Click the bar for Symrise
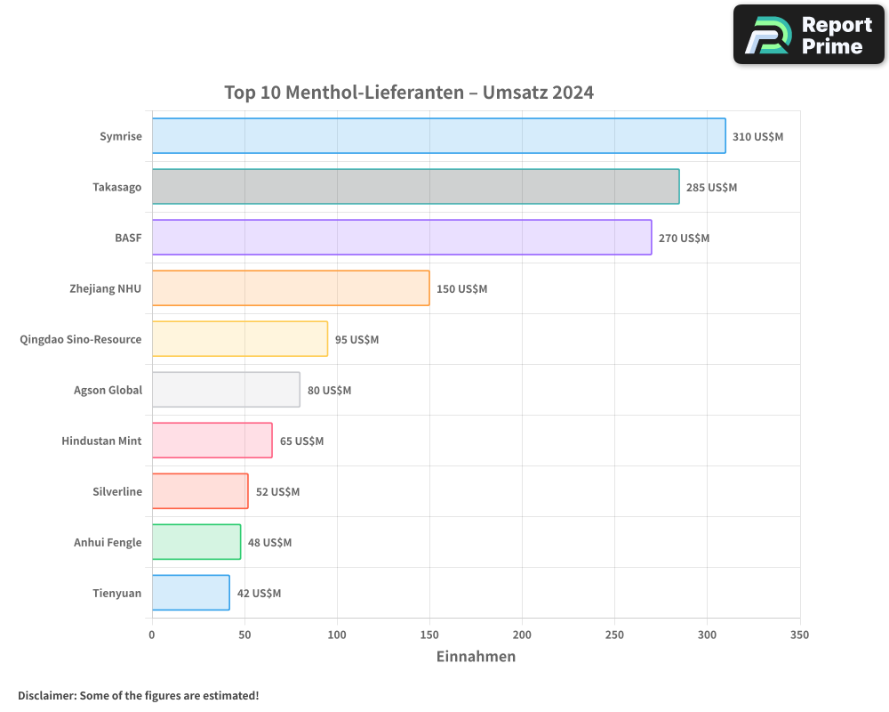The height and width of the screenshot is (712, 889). pyautogui.click(x=438, y=136)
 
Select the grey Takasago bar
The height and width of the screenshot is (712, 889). pyautogui.click(x=415, y=187)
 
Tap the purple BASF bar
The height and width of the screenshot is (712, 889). pyautogui.click(x=402, y=238)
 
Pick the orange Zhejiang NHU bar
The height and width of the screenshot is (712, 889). pyautogui.click(x=291, y=288)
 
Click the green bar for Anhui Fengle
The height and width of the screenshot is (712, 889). pyautogui.click(x=196, y=542)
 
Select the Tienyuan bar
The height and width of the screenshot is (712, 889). pyautogui.click(x=190, y=593)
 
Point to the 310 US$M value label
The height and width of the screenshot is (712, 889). pyautogui.click(x=757, y=137)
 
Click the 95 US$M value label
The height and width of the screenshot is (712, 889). pyautogui.click(x=356, y=340)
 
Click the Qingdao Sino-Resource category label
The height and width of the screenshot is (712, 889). pyautogui.click(x=81, y=339)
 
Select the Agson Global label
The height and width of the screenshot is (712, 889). pyautogui.click(x=108, y=390)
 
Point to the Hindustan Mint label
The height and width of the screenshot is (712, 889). pyautogui.click(x=101, y=441)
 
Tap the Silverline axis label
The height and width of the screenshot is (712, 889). pyautogui.click(x=117, y=491)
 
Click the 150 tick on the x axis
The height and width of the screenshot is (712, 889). pyautogui.click(x=429, y=635)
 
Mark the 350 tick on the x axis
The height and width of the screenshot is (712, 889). pyautogui.click(x=799, y=635)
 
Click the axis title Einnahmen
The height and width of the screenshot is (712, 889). pyautogui.click(x=476, y=657)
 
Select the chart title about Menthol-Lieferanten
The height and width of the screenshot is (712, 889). pyautogui.click(x=409, y=93)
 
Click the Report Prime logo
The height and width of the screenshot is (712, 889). pyautogui.click(x=808, y=35)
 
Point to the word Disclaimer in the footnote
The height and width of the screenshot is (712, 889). pyautogui.click(x=45, y=695)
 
